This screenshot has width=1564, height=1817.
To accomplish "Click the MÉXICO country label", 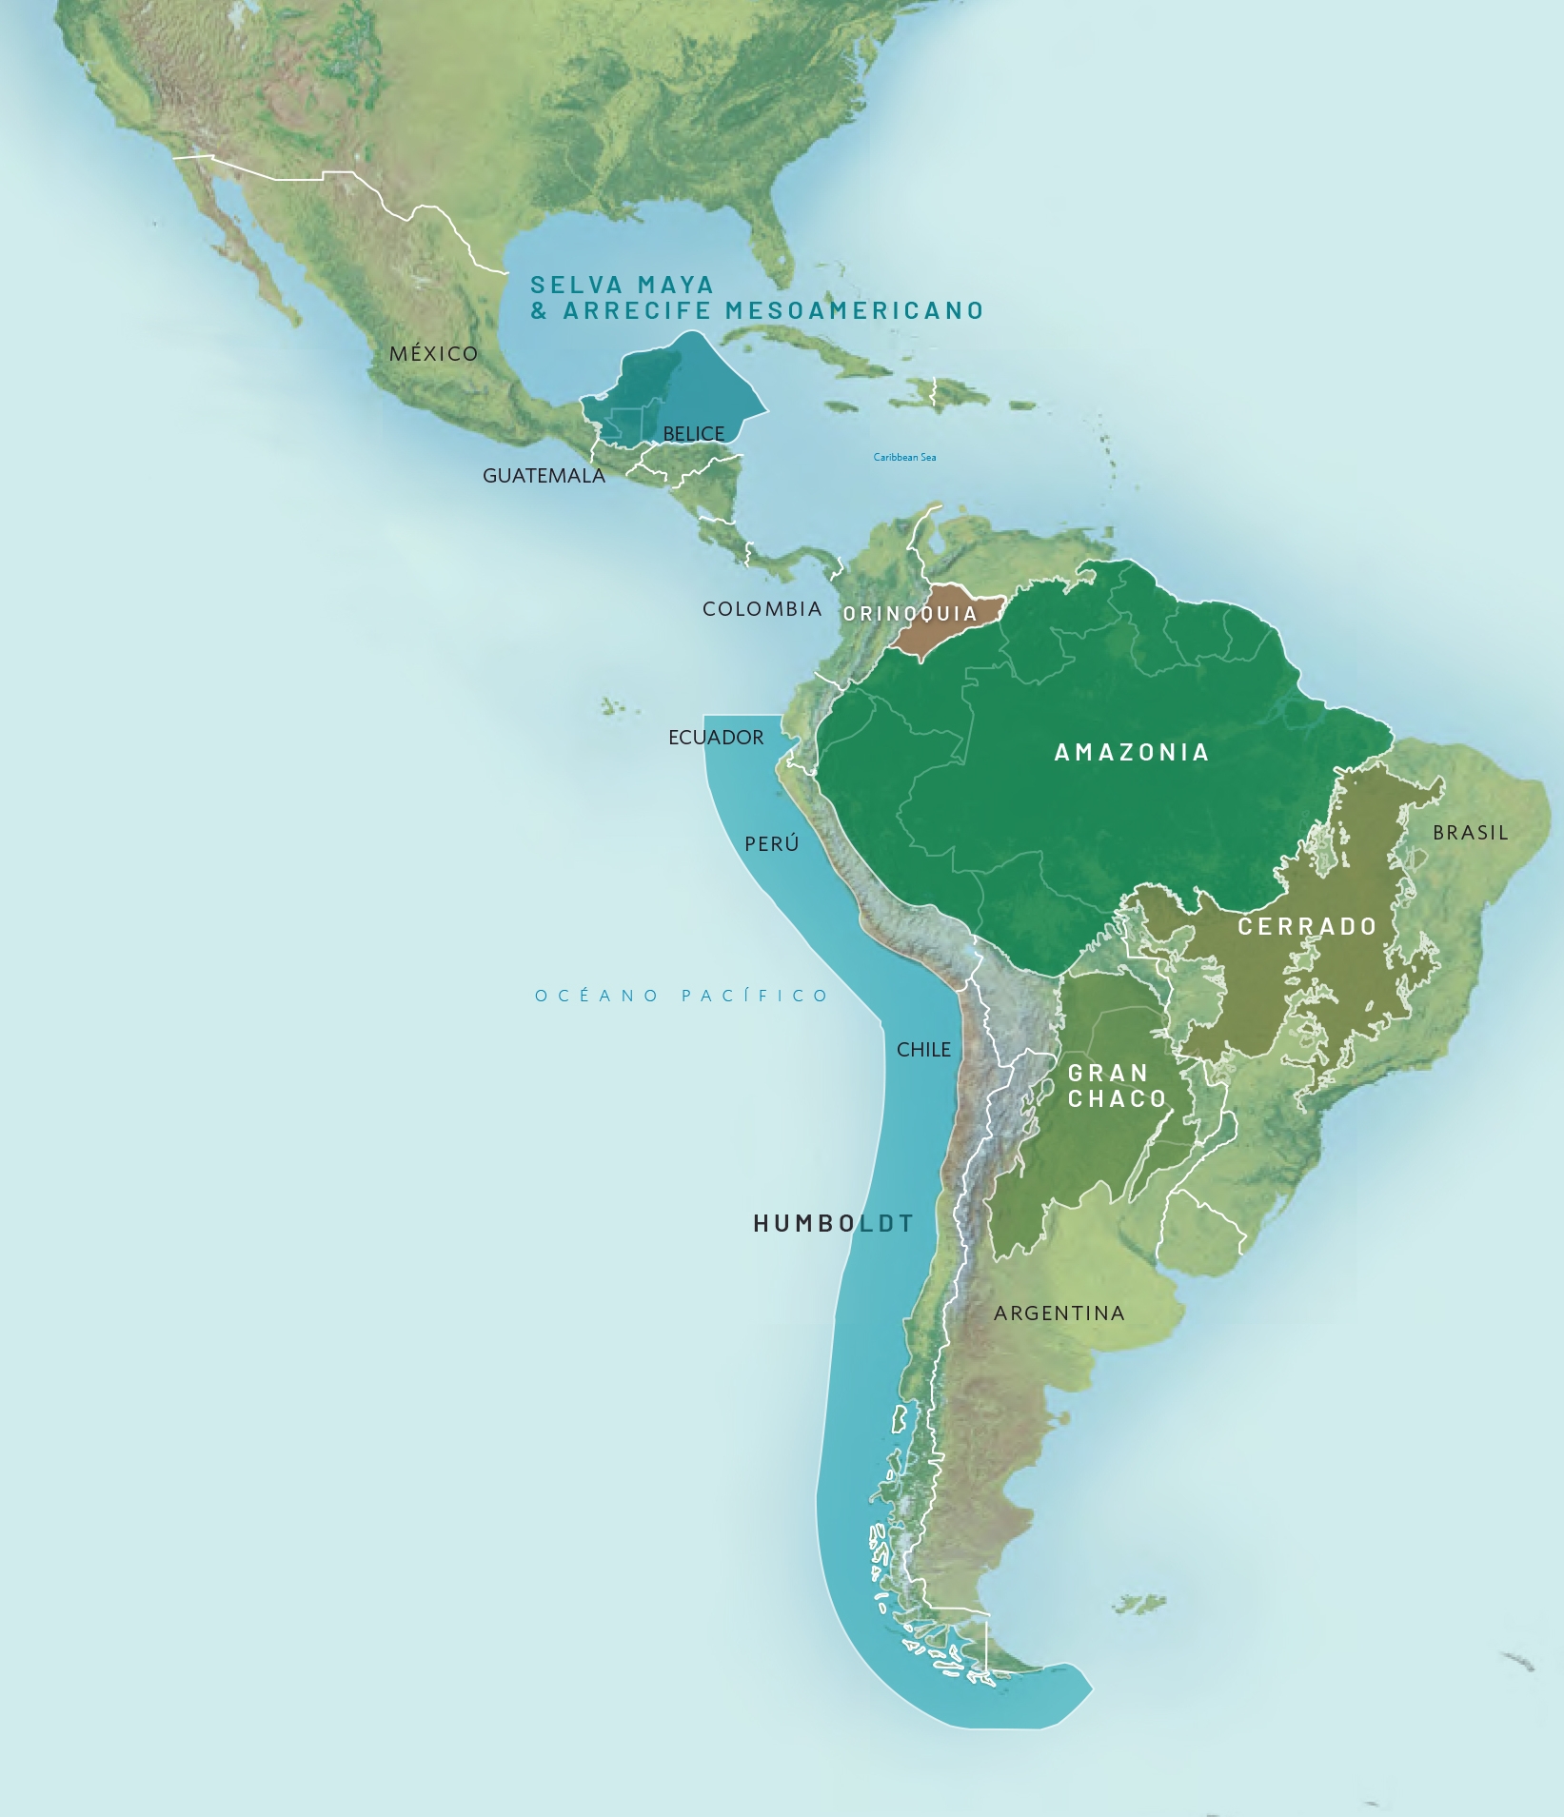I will click(x=433, y=354).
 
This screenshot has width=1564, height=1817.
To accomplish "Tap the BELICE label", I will click(x=693, y=434).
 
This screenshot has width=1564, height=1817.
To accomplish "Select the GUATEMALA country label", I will click(x=544, y=476).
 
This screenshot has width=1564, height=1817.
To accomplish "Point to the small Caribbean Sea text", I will click(x=904, y=458).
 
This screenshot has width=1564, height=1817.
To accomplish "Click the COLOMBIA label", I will click(x=762, y=609).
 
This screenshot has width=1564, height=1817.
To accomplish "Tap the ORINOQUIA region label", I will click(x=910, y=614).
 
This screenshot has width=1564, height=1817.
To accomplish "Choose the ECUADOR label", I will click(x=716, y=738).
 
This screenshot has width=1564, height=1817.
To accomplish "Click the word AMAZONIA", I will click(x=1131, y=753).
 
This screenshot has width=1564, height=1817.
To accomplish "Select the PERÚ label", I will click(x=771, y=844).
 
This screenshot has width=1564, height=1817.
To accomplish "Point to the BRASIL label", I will click(x=1471, y=833).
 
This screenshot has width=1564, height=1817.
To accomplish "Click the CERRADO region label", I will click(x=1307, y=927).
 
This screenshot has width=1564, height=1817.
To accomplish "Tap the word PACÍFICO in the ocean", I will click(x=755, y=997).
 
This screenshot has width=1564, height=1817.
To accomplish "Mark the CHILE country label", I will click(x=923, y=1050).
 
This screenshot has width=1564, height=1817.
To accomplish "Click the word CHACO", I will click(x=1117, y=1099).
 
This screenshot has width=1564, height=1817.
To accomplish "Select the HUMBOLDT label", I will click(x=833, y=1224).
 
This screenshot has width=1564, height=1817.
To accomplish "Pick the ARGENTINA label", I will click(x=1059, y=1313).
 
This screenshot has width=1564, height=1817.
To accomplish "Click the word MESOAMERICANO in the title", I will click(x=854, y=311).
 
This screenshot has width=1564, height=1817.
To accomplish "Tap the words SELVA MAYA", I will click(x=622, y=286).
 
